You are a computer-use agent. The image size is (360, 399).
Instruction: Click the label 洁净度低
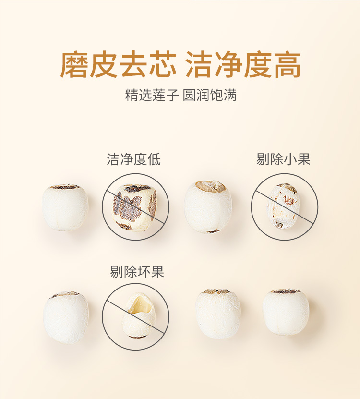coord(133,159)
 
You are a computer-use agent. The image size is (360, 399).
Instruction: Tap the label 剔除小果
coord(283,159)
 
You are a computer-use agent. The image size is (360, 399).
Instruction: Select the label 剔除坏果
coord(137,271)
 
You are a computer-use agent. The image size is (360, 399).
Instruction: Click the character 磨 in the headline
coord(74,64)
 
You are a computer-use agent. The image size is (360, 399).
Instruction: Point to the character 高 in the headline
coord(287,64)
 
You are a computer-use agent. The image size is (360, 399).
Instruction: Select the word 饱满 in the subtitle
coord(224,95)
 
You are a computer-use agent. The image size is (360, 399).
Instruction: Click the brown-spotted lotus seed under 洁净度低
coord(134,207)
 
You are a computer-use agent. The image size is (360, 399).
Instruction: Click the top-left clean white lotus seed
coord(65,207)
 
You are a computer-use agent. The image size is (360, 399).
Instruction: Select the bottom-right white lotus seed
coord(286,312)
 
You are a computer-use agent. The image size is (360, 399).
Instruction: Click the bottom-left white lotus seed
coord(66,317)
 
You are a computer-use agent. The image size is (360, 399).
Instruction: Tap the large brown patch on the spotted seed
coord(126,207)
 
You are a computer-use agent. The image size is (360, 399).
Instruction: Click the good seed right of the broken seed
coord(218,314)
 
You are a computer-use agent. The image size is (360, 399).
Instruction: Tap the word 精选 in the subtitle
coord(139,95)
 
